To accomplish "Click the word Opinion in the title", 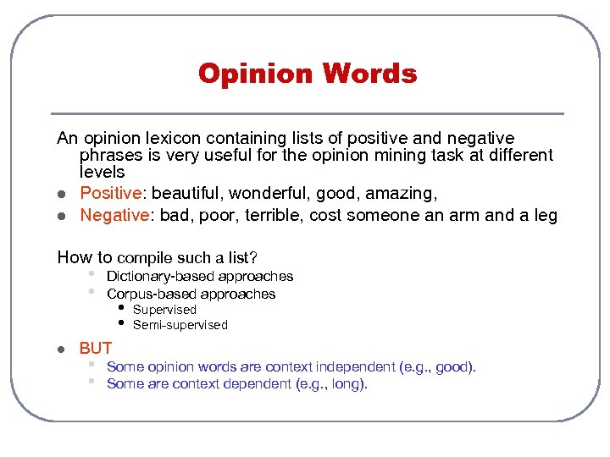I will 256,74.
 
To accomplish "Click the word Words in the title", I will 369,74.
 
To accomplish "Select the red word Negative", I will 114,215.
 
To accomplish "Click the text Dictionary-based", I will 160,276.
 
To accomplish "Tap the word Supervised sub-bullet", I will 164,310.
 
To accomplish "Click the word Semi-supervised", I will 180,325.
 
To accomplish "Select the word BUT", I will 96,348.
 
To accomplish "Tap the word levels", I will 102,173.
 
